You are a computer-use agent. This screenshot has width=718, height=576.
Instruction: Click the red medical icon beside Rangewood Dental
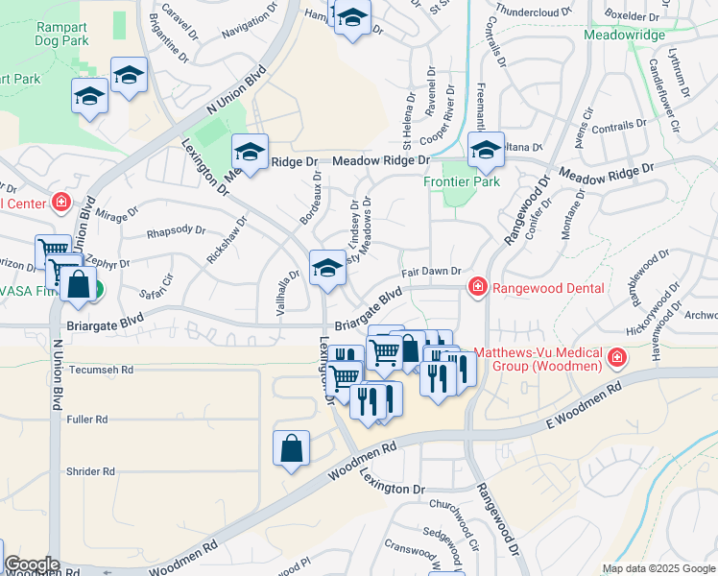pos(476,287)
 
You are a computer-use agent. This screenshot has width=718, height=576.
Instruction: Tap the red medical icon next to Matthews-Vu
pos(615,360)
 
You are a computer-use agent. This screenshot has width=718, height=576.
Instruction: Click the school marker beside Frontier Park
pos(486,151)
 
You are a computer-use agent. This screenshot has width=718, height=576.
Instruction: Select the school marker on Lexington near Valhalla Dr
pos(326,269)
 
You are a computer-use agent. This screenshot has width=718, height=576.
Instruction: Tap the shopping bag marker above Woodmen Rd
pos(291,448)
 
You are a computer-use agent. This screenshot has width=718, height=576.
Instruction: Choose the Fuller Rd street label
pos(87,420)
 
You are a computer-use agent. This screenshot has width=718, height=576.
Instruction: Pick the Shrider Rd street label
pos(91,471)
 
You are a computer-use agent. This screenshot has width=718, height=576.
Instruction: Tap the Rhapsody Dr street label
pos(175,230)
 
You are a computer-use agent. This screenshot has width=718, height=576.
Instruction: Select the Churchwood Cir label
pos(455,504)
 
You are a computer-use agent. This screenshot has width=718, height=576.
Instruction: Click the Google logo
pos(32,565)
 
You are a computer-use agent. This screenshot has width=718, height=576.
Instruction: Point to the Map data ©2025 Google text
pos(658,568)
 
